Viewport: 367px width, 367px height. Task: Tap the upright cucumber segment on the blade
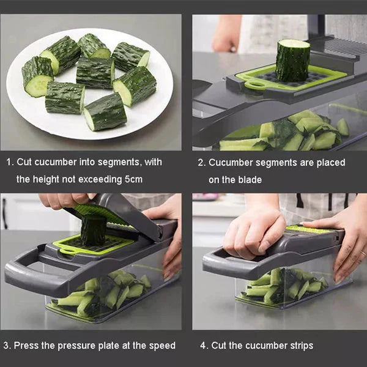(x=292, y=60)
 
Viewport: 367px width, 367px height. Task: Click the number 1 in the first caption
(x=9, y=163)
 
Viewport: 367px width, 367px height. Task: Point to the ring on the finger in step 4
(x=363, y=253)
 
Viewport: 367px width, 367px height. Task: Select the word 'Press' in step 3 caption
(x=26, y=346)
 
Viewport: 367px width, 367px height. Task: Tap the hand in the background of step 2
(x=226, y=34)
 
